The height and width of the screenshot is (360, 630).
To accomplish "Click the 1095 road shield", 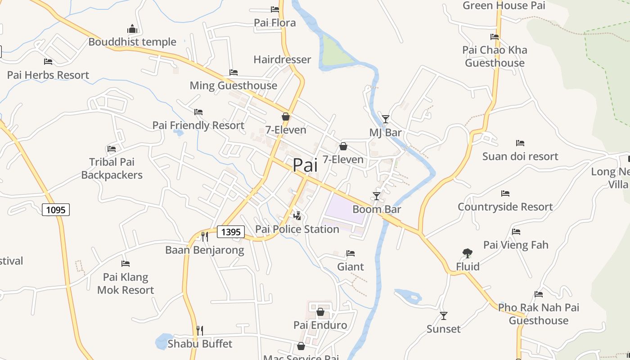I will click(56, 209).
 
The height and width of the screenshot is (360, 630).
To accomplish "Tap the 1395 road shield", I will click(231, 232).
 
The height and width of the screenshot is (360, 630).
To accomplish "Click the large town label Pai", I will click(305, 165).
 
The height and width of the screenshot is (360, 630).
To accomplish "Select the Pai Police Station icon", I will click(297, 216).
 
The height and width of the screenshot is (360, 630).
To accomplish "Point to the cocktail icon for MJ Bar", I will click(385, 119).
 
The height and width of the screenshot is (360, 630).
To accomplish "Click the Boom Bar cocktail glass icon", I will click(377, 196).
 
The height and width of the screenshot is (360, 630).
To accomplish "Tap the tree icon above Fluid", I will click(468, 253).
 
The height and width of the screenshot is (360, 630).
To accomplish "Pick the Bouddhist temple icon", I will click(132, 29).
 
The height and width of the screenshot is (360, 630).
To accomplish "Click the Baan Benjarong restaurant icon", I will click(204, 236).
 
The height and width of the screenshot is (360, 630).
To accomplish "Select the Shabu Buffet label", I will click(200, 344).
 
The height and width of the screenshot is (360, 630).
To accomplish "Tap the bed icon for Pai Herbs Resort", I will click(48, 62).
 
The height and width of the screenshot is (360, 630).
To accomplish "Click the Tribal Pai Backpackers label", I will click(112, 168).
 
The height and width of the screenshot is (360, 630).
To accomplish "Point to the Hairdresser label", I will click(282, 59).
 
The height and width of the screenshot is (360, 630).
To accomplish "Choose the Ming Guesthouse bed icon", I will click(233, 72).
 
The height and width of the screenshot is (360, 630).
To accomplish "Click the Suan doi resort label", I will click(520, 156).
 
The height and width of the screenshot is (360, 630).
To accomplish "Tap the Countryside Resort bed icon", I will click(505, 193).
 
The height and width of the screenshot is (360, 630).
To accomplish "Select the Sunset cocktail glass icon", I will click(444, 315).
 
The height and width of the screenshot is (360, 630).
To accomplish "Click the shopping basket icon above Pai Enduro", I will click(320, 312).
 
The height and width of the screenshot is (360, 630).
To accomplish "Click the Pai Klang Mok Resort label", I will click(126, 283).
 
